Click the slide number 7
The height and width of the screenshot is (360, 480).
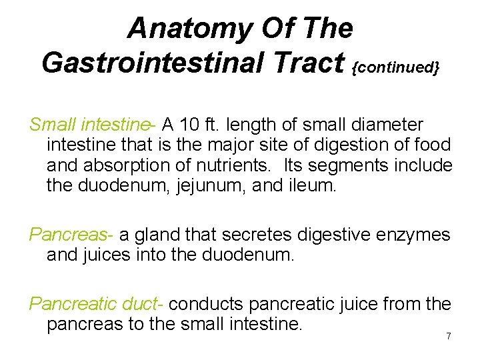pos(449,337)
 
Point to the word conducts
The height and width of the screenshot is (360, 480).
pos(207,304)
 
